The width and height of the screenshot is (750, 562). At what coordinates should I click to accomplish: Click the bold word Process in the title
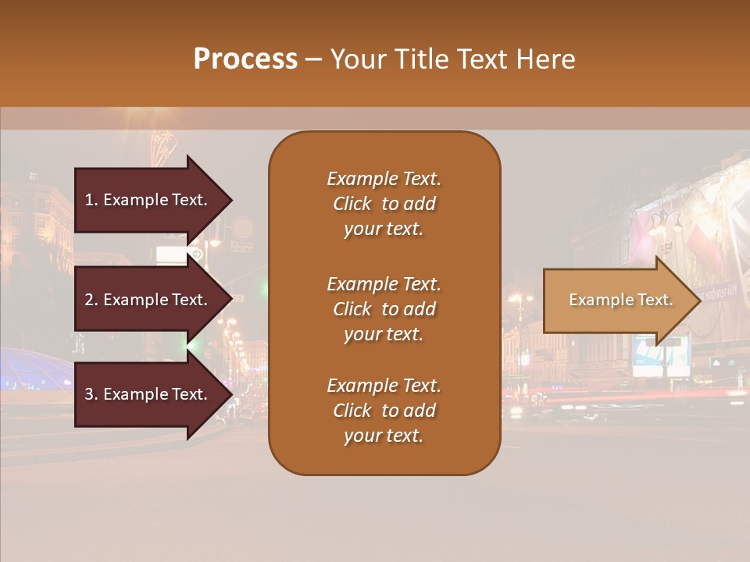tap(245, 59)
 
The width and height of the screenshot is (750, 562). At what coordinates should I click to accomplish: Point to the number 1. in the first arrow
tap(91, 200)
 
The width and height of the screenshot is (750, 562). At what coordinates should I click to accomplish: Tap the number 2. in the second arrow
tap(91, 300)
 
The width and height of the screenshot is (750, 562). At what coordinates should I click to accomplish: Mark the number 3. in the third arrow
tap(91, 394)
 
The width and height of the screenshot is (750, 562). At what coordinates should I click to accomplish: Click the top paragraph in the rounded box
tap(384, 204)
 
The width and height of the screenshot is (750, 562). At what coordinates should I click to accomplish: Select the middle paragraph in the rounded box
tap(384, 309)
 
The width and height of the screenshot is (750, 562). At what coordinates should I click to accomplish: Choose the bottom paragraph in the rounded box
tap(384, 411)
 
